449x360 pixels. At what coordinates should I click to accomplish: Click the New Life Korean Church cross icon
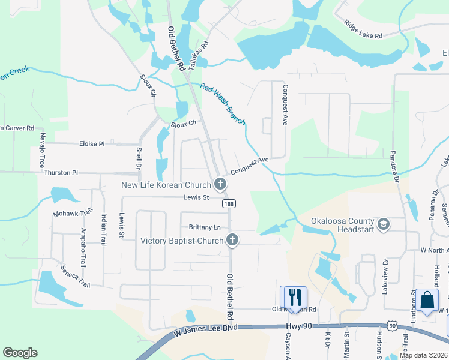point(221,184)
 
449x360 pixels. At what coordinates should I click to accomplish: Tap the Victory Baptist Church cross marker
point(232,241)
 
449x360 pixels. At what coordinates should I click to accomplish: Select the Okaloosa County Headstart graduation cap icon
point(384,225)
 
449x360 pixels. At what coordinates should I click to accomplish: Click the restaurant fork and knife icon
point(294,297)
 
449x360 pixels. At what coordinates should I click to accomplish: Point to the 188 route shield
point(229,204)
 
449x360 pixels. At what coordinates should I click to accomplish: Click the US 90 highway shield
point(392,325)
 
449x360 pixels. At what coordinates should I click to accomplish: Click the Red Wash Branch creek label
point(223,104)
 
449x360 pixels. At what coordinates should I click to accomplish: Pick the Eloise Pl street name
point(92,144)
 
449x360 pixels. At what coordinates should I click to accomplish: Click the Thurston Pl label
point(61,173)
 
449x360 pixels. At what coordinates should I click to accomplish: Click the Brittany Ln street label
point(205,227)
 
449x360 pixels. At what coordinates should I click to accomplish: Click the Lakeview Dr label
point(387,274)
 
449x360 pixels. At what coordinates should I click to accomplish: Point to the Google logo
point(20,353)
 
